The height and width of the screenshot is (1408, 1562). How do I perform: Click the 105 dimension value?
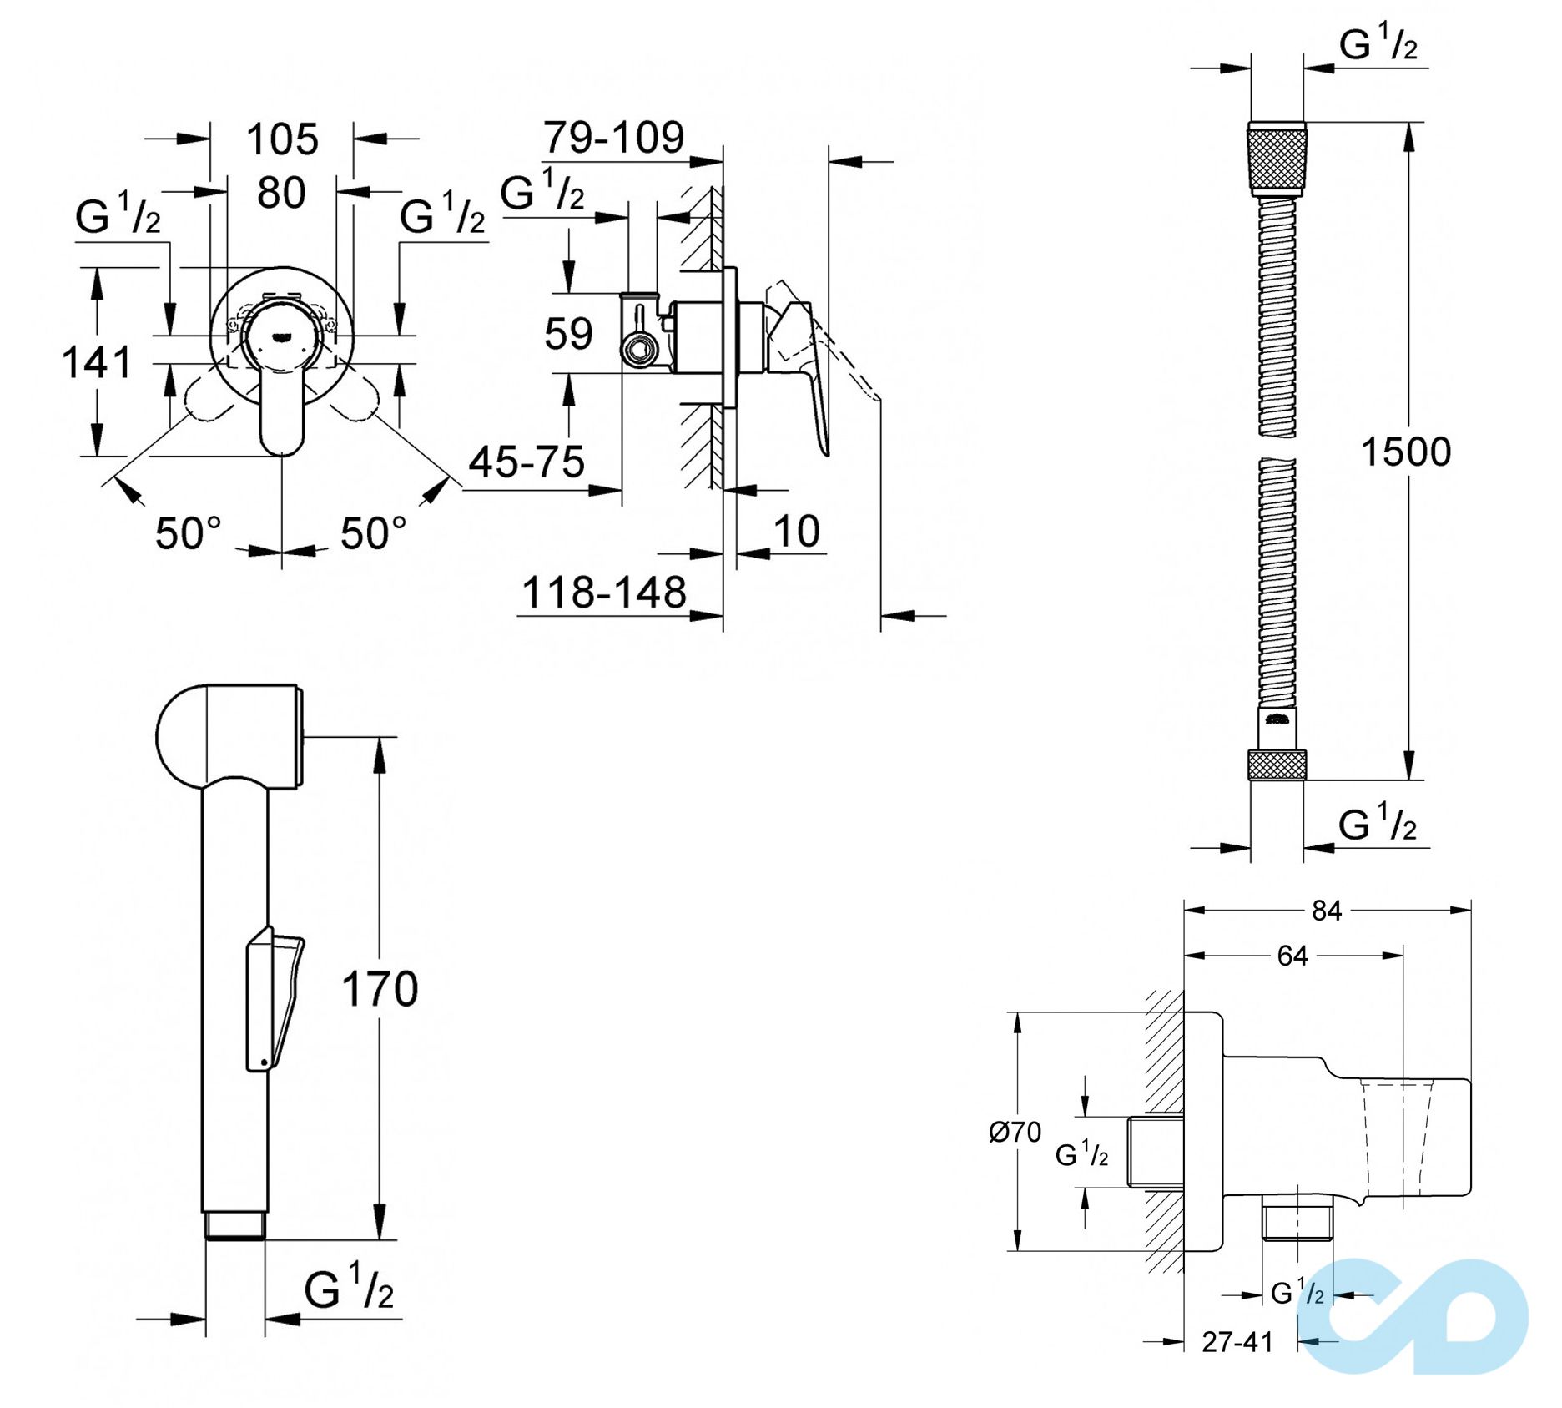282,139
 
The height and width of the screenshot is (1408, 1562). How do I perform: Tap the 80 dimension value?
281,194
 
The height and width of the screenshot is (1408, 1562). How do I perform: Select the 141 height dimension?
97,363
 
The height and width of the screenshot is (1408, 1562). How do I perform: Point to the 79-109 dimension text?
613,138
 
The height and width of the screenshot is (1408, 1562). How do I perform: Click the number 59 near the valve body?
568,334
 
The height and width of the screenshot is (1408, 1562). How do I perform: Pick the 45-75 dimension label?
527,462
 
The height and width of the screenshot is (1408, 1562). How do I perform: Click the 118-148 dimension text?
603,593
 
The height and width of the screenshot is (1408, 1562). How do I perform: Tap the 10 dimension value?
797,532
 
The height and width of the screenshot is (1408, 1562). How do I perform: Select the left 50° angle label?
189,534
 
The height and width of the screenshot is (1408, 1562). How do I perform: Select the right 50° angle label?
374,534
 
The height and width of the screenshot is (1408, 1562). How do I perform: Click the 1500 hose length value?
1406,452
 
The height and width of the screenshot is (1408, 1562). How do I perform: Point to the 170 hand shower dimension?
380,990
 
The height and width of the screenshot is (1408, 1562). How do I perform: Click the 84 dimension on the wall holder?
1327,911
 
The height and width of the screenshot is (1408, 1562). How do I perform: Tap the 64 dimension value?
1292,956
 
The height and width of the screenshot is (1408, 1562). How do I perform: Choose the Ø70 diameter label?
1015,1133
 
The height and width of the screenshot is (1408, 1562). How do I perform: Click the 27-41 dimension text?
1237,1342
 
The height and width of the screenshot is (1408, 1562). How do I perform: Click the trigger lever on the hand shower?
275,997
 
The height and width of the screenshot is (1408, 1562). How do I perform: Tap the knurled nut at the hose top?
1277,159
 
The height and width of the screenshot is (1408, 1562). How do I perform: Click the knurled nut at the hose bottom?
1277,765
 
